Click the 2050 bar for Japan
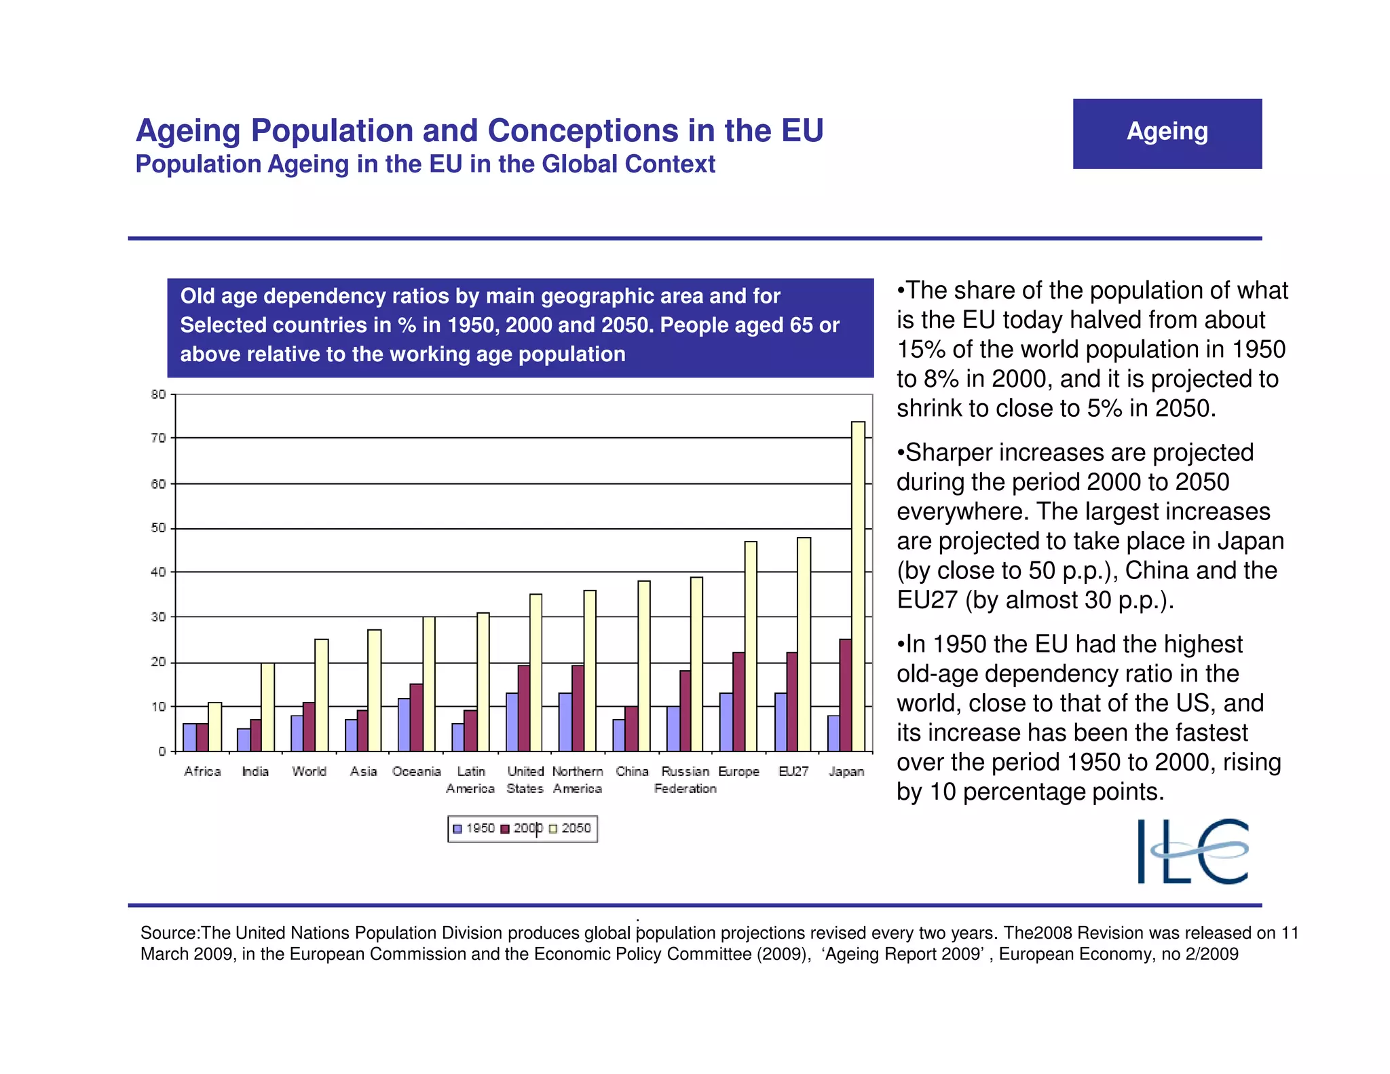(858, 587)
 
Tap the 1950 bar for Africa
(189, 737)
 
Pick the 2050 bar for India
(267, 707)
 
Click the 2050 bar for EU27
(804, 644)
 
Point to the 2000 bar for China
(631, 728)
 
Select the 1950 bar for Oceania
(404, 724)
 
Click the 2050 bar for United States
(536, 672)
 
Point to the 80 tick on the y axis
(158, 394)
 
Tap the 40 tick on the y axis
(158, 572)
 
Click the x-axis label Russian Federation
(685, 779)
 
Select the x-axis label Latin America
(470, 779)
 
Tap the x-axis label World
(309, 771)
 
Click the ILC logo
(1192, 851)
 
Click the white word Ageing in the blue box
(1167, 131)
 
